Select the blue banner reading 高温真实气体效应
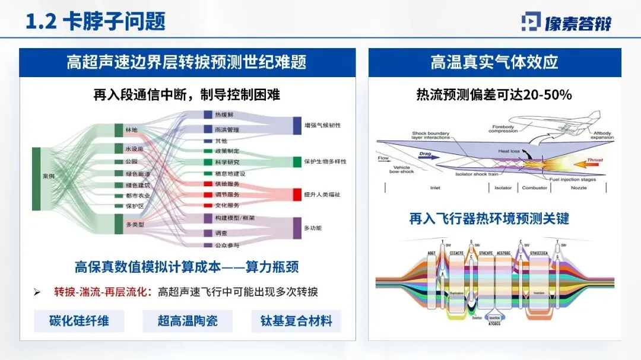pyautogui.click(x=494, y=62)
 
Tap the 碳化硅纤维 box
pyautogui.click(x=79, y=321)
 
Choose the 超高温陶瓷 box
pyautogui.click(x=188, y=321)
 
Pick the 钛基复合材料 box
pyautogui.click(x=296, y=321)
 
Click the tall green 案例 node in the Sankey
pyautogui.click(x=36, y=179)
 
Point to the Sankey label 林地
pyautogui.click(x=131, y=129)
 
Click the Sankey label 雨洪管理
pyautogui.click(x=226, y=129)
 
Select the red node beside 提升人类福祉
pyautogui.click(x=297, y=194)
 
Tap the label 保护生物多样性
pyautogui.click(x=325, y=161)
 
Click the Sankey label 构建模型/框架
pyautogui.click(x=234, y=218)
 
